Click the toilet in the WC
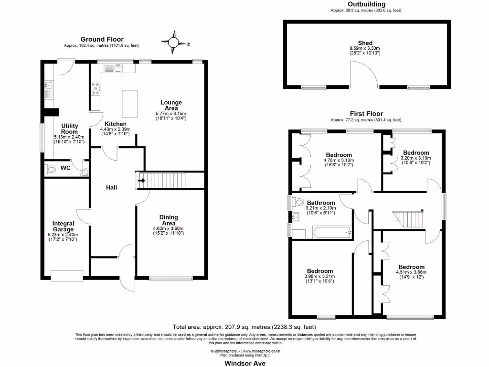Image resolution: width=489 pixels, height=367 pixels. (51, 169)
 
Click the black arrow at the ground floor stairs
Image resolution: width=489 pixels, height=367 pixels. (141, 181)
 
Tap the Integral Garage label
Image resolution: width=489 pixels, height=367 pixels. (63, 226)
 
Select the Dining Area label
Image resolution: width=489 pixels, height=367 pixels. (168, 220)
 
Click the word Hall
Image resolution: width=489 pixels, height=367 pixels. (112, 187)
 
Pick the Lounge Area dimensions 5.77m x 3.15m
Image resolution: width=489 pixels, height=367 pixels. (171, 113)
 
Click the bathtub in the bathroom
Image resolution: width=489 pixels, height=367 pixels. (331, 233)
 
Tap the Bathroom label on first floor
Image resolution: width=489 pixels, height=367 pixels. (321, 203)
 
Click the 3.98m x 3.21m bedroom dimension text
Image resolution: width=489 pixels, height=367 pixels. (319, 276)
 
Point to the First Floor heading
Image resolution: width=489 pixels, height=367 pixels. (366, 114)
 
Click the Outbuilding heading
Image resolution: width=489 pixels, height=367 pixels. (366, 4)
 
